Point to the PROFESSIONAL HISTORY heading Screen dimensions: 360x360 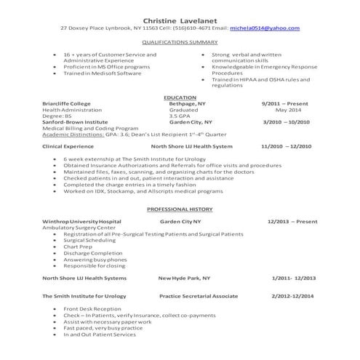pos(179,209)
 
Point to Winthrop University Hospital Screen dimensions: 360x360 pos(80,220)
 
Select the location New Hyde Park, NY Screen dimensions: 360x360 pos(185,277)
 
